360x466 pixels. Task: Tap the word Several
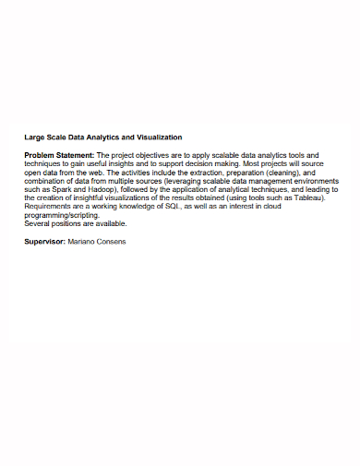pyautogui.click(x=38, y=223)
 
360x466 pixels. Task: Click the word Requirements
pyautogui.click(x=49, y=207)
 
